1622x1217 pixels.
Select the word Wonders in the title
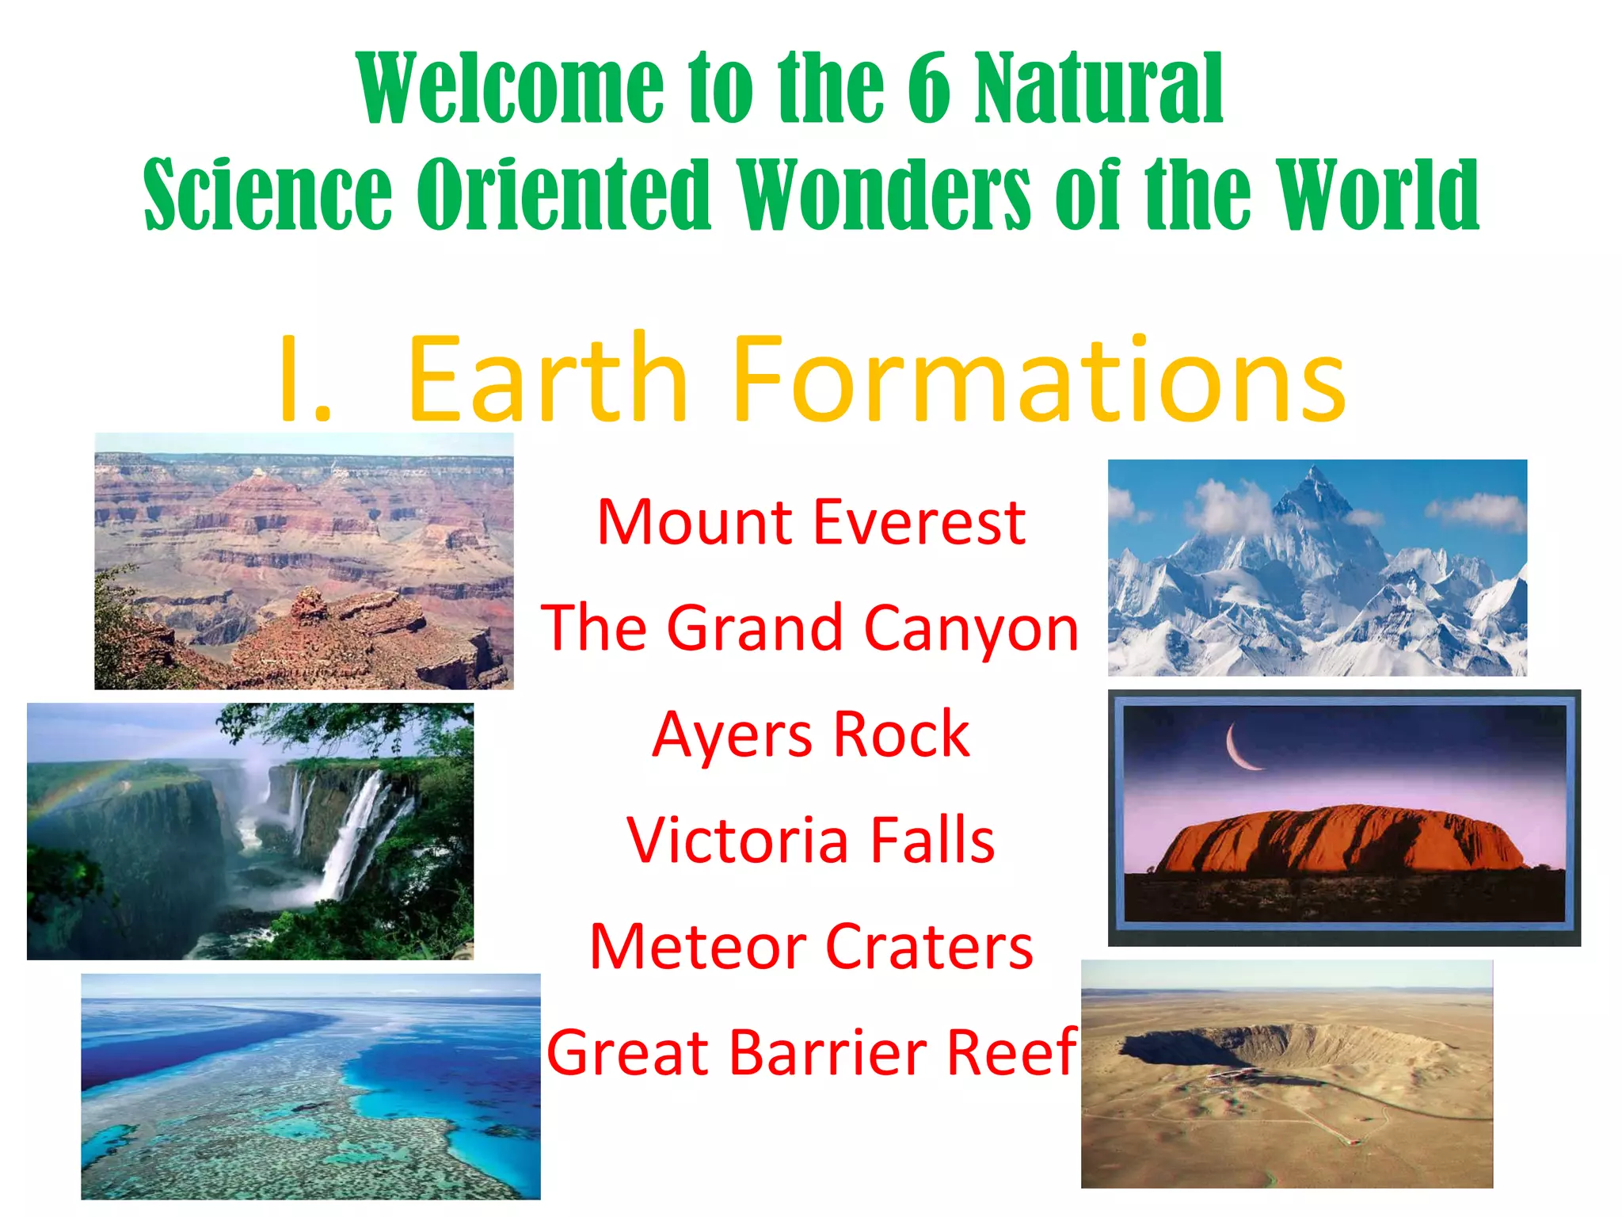(x=885, y=195)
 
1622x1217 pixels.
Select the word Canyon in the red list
(x=971, y=628)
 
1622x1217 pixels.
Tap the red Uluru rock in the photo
(x=1338, y=840)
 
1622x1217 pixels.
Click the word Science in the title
(x=268, y=195)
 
